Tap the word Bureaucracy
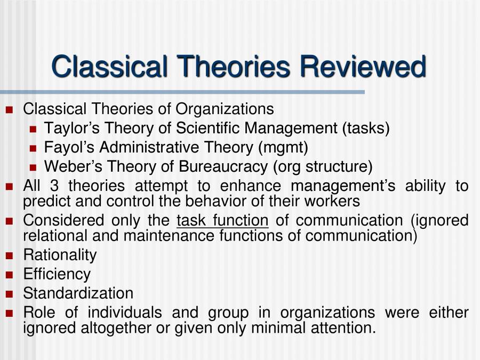click(223, 166)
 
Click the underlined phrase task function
click(222, 220)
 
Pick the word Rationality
click(60, 255)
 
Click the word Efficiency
click(57, 274)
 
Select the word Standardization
click(78, 293)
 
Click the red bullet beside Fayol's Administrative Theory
click(33, 148)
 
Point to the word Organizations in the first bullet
click(225, 109)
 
